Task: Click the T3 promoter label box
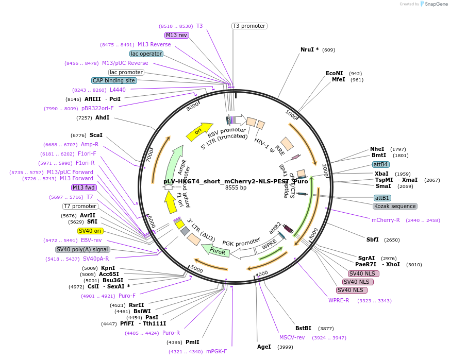249,26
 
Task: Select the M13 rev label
177,35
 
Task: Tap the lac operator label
146,54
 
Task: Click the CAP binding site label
114,80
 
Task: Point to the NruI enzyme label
309,49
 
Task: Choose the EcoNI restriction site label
334,73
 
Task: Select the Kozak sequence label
394,206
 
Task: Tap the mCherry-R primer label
386,220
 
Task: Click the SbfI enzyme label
372,239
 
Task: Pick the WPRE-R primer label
339,300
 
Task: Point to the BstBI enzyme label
303,328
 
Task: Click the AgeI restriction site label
264,347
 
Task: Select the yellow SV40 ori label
90,231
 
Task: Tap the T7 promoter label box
80,206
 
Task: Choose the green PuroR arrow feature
215,251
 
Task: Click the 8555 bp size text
236,188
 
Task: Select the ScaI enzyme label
96,135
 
